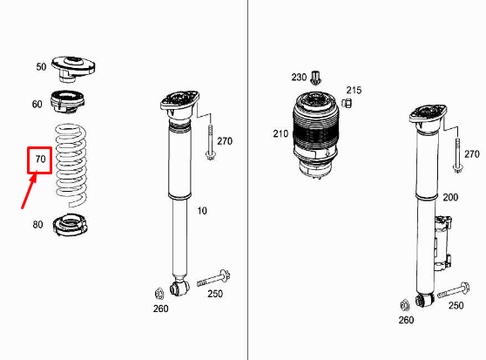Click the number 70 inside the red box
39,160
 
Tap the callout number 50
41,67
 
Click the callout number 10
202,210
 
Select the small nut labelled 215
346,105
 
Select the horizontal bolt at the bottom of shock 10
213,280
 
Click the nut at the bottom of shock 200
404,304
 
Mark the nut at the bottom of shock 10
159,292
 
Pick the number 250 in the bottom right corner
456,306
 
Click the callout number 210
280,133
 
